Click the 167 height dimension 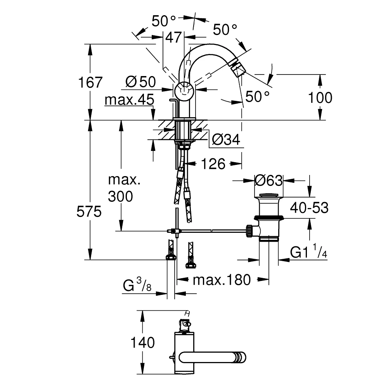coord(90,82)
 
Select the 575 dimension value coord(90,212)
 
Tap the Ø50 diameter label coord(141,82)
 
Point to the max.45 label coord(129,100)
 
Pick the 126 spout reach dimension coord(213,164)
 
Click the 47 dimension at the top coord(173,38)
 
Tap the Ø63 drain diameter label coord(268,180)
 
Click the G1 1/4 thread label coord(308,253)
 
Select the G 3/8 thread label coord(137,287)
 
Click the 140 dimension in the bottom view coord(142,343)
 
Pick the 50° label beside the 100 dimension coord(257,97)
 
